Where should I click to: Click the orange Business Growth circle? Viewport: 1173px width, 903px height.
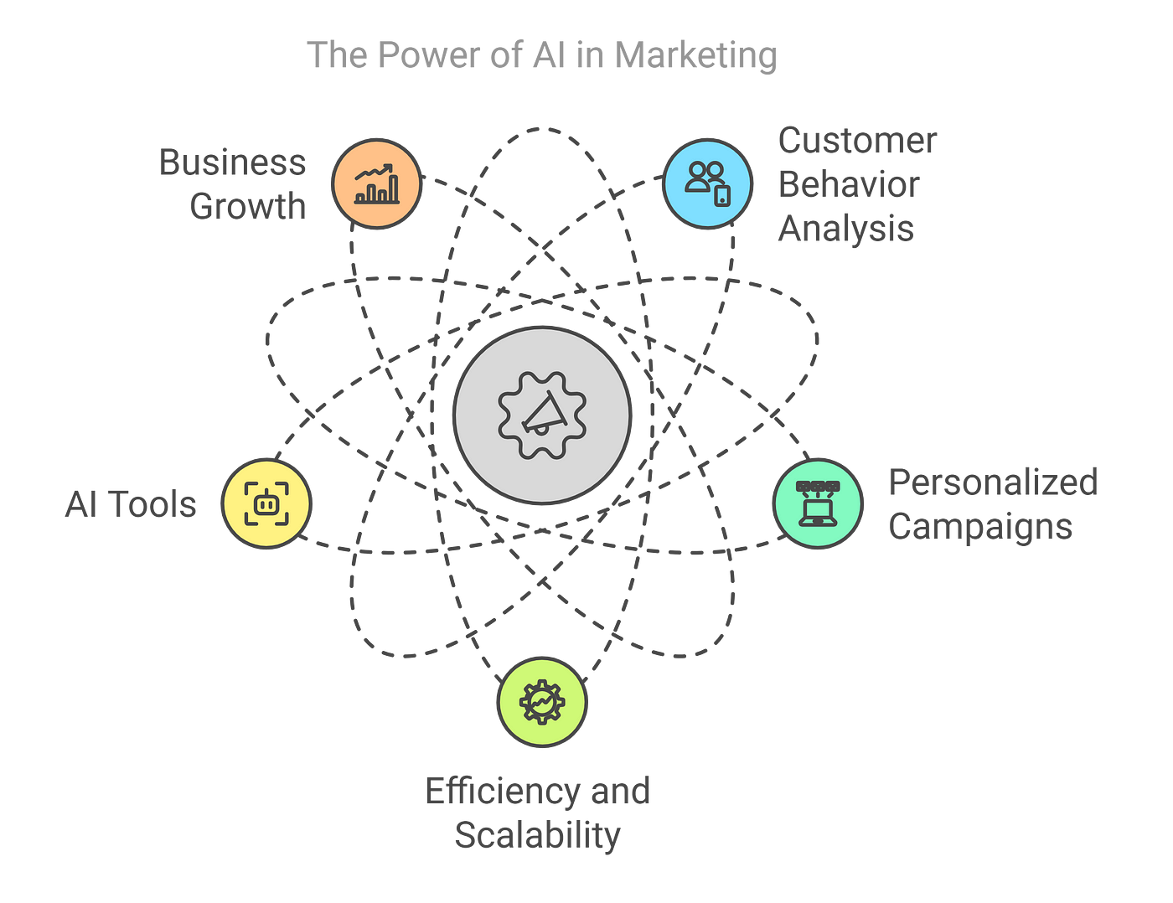click(376, 183)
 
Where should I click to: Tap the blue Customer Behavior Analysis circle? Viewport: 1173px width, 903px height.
click(707, 183)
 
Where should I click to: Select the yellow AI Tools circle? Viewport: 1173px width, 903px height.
click(266, 503)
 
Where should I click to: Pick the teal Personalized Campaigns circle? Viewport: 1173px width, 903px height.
click(817, 503)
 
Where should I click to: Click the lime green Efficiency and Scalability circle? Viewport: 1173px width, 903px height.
click(542, 701)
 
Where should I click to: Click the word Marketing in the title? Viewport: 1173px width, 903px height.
click(695, 56)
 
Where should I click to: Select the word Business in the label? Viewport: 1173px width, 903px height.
click(232, 163)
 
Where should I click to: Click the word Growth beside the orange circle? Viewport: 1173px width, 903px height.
click(248, 206)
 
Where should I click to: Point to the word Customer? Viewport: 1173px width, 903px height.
click(857, 141)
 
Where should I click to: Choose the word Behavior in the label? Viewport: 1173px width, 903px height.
click(849, 185)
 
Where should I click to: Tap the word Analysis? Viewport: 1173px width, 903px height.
click(845, 229)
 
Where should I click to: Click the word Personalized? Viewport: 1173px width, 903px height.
click(993, 482)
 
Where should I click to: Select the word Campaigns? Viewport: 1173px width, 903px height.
click(980, 527)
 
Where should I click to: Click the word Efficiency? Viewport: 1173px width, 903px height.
click(502, 792)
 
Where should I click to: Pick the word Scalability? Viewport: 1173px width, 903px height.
click(537, 835)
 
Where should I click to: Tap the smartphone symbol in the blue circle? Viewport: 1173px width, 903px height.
click(722, 196)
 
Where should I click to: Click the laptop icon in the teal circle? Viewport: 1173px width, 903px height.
click(817, 510)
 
